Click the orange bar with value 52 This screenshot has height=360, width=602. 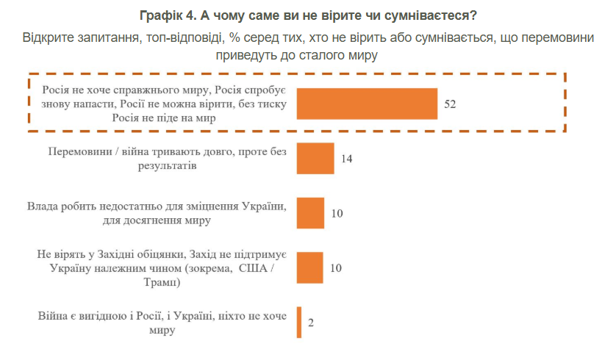[x=368, y=104]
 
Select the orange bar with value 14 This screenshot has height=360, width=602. [x=315, y=158]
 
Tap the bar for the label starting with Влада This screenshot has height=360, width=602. [x=310, y=213]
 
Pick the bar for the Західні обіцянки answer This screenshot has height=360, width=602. [x=310, y=267]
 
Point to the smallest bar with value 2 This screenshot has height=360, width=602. [x=299, y=322]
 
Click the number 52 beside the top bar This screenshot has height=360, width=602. [x=451, y=104]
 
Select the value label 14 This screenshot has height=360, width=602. [x=348, y=159]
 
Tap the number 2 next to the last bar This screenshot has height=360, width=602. [x=312, y=323]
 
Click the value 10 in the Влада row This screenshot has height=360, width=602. [x=337, y=214]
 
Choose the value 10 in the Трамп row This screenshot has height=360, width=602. [x=337, y=268]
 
